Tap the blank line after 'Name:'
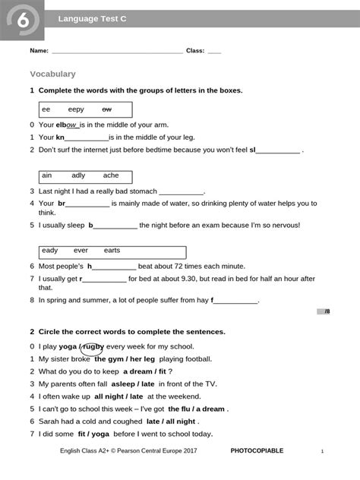tap(118, 51)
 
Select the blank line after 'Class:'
tap(214, 51)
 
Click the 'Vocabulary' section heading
tap(52, 74)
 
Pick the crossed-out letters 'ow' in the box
tap(107, 109)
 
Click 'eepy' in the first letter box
tap(76, 109)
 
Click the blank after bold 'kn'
tap(87, 137)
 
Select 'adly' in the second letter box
tap(79, 175)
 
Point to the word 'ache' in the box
tap(111, 175)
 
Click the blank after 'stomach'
tap(182, 191)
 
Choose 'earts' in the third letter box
tap(112, 250)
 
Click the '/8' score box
tap(327, 311)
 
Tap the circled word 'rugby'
tap(93, 346)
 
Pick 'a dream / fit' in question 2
tap(144, 371)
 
